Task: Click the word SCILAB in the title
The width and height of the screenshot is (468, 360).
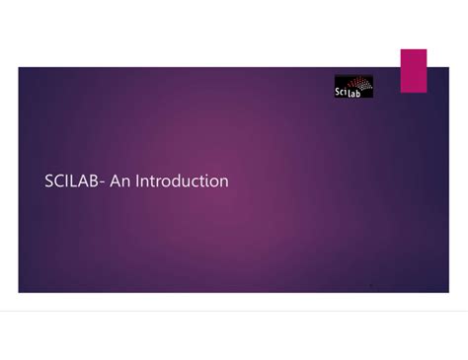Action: pyautogui.click(x=70, y=181)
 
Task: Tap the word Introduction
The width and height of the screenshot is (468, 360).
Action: pyautogui.click(x=182, y=181)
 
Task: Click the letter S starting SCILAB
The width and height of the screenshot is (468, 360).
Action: pyautogui.click(x=49, y=181)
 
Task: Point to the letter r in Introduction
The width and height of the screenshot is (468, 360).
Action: pyautogui.click(x=157, y=182)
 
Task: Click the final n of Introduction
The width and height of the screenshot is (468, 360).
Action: pyautogui.click(x=223, y=182)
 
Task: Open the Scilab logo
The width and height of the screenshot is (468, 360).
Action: pyautogui.click(x=354, y=87)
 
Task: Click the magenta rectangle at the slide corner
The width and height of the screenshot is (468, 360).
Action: pyautogui.click(x=413, y=70)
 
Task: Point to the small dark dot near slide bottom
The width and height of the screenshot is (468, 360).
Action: pyautogui.click(x=370, y=285)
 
